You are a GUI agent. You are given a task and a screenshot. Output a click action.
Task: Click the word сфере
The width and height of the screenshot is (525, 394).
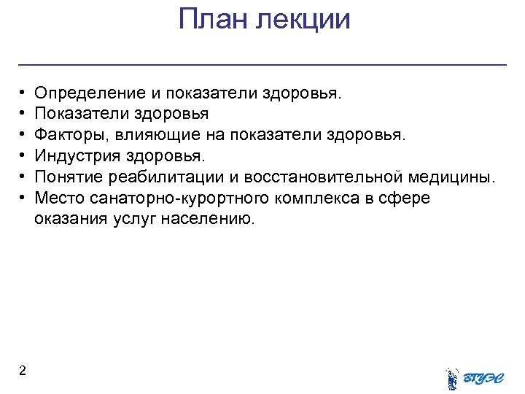(x=405, y=198)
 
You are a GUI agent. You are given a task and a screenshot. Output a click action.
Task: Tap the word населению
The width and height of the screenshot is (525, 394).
(x=217, y=220)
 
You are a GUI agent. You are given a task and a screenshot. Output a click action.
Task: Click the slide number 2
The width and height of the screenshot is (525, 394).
(x=23, y=371)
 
